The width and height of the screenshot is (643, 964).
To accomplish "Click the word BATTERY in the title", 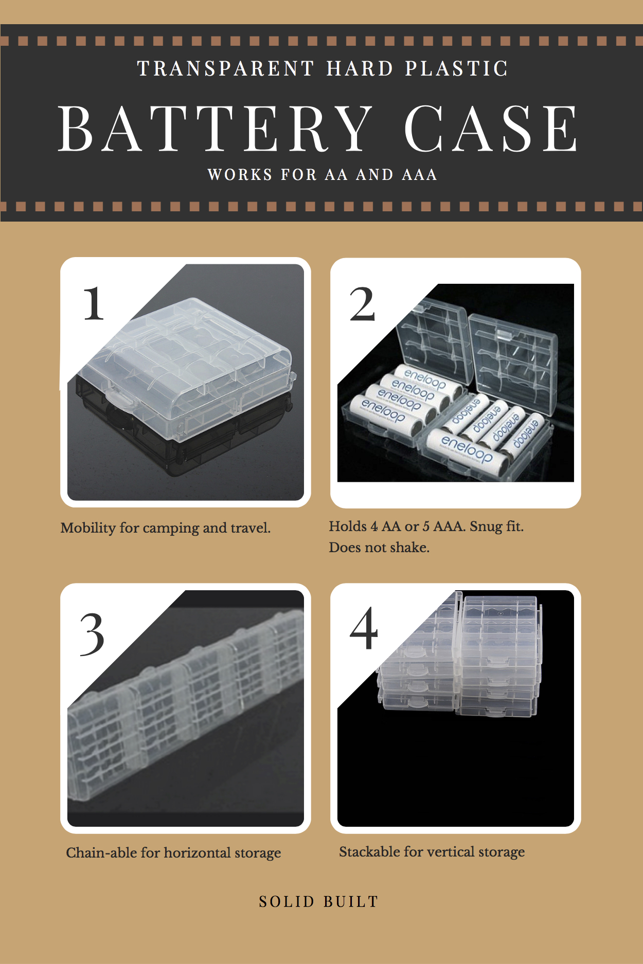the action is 215,129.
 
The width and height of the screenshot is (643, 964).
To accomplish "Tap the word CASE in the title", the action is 491,129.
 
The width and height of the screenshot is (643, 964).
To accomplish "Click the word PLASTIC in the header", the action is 457,68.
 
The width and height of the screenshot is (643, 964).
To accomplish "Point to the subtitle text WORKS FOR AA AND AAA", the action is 323,175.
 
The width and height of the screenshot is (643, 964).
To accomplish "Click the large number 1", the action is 94,304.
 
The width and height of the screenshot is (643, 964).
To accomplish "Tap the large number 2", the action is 362,304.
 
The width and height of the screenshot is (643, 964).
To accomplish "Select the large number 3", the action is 92,635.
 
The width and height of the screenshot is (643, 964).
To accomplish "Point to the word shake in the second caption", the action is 409,547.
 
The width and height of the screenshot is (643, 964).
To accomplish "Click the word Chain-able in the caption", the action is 101,852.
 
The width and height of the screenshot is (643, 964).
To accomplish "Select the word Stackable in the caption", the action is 370,851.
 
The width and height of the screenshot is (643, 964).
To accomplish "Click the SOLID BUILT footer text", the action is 319,902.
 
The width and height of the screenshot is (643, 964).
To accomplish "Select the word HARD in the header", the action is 360,68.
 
